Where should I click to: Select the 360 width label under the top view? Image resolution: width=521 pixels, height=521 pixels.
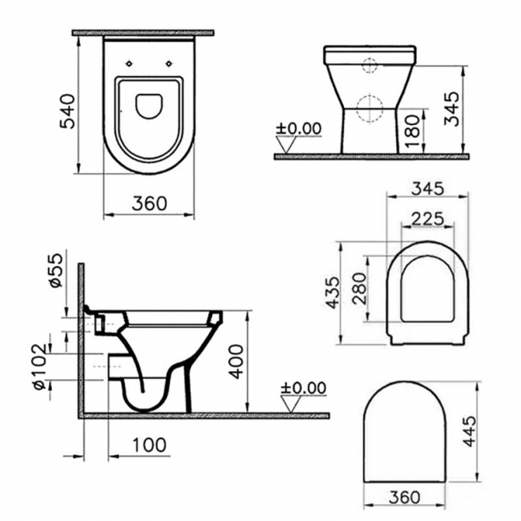point(150,203)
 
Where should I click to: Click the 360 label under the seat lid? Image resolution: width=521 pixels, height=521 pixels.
point(404,497)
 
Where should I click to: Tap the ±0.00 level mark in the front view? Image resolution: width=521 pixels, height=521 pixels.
point(298,128)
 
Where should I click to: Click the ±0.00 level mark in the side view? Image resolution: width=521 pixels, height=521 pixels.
point(304,388)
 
